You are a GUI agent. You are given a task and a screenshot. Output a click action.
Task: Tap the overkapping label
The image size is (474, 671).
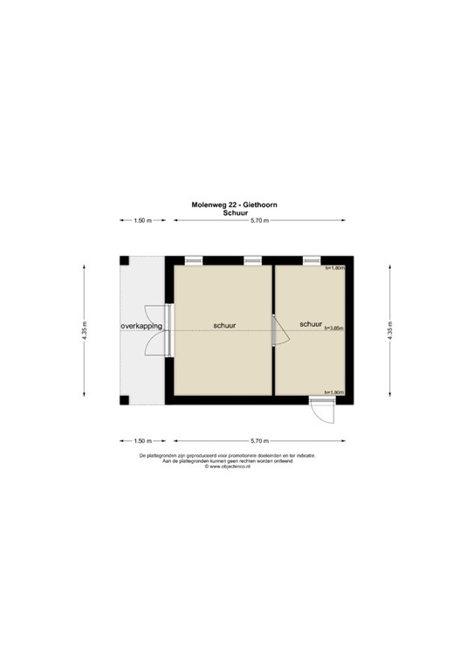141,326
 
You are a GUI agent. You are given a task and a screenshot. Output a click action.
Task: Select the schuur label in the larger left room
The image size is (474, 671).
224,326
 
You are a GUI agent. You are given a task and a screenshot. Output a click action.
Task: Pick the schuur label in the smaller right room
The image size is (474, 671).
311,324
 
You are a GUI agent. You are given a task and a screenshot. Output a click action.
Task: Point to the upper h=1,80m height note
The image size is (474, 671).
335,268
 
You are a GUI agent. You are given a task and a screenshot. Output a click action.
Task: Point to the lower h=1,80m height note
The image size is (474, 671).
334,392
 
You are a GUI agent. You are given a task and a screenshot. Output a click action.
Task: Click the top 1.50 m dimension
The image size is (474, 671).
143,221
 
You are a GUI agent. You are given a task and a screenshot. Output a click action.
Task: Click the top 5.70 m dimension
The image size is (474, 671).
260,221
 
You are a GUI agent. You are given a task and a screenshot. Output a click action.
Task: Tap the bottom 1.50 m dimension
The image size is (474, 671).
143,440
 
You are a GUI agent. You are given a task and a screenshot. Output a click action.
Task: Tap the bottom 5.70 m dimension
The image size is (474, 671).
260,440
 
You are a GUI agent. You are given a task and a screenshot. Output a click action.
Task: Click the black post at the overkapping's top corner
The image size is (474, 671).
125,260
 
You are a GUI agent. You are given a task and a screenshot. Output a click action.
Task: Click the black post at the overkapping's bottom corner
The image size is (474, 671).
125,400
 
